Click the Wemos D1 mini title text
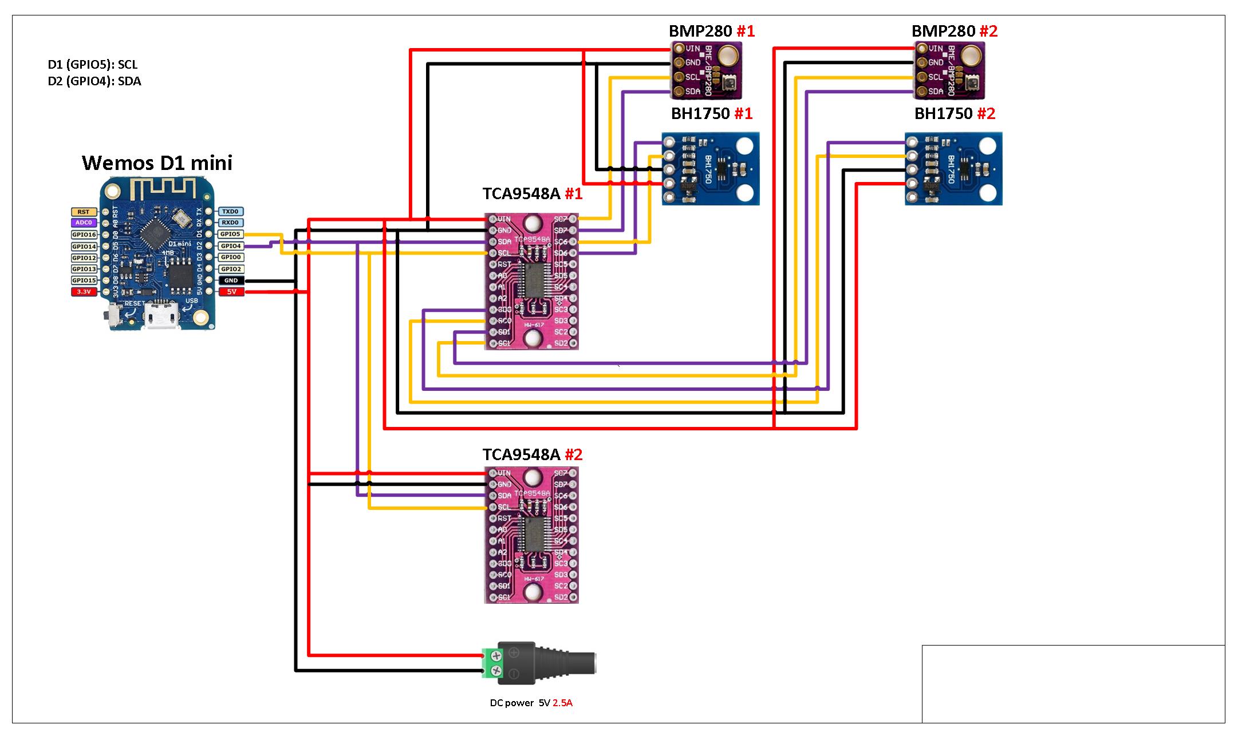157,163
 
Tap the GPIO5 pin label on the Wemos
231,234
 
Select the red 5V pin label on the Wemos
231,292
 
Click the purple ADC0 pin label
84,223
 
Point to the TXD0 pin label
231,211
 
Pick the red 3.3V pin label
84,292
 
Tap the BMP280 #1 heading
711,31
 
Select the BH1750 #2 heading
955,114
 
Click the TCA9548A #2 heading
532,455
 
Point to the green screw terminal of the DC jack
492,663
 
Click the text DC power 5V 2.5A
531,703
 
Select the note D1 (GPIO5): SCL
93,65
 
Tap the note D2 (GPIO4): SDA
94,81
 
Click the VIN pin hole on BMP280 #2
921,49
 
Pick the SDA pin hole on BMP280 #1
679,92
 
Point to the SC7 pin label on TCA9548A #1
561,219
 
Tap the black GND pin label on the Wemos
231,280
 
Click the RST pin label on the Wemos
84,212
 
